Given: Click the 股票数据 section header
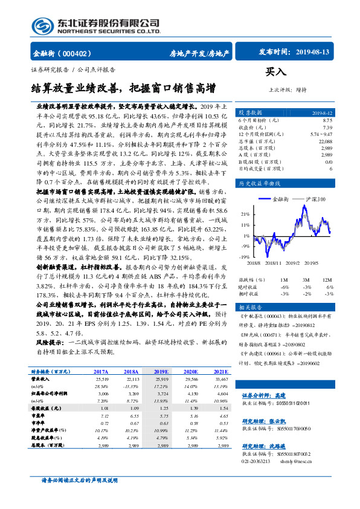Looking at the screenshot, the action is [x=250, y=112].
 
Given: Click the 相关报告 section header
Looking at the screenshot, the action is [x=250, y=307].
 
